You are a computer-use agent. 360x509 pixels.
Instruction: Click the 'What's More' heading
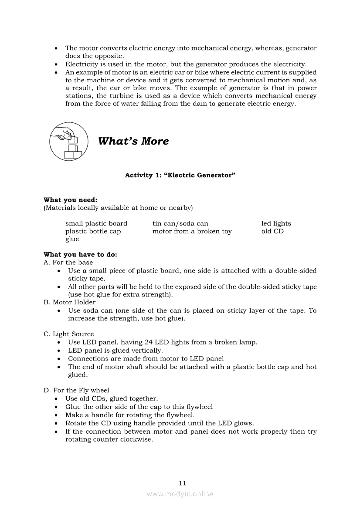pos(133,141)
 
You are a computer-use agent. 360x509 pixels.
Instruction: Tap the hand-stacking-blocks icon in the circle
pos(68,141)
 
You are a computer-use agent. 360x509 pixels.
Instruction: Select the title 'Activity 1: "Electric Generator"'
pos(180,175)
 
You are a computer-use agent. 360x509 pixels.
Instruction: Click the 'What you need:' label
pos(70,200)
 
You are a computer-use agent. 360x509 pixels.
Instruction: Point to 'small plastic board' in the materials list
pos(96,223)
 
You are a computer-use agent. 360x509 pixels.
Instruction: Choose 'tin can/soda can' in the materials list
pos(180,223)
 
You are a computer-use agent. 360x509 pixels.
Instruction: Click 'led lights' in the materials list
pos(276,223)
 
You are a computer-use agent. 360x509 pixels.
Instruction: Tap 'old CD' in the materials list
pos(272,231)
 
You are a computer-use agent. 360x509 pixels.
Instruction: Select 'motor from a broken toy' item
pos(192,231)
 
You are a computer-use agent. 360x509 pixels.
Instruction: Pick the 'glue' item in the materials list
pos(72,239)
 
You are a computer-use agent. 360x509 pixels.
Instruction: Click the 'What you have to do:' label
pos(80,255)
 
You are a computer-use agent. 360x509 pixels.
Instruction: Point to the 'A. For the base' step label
pos(68,263)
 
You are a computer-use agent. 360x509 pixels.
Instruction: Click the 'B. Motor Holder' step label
pos(69,302)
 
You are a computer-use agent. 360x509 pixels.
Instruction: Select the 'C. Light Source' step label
pos(68,334)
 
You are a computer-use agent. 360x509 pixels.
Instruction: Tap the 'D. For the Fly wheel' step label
pos(76,390)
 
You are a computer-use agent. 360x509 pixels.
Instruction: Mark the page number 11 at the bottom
pos(182,483)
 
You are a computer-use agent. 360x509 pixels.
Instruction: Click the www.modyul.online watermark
pos(180,494)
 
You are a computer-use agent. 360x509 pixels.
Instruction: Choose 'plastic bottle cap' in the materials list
pos(93,231)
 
